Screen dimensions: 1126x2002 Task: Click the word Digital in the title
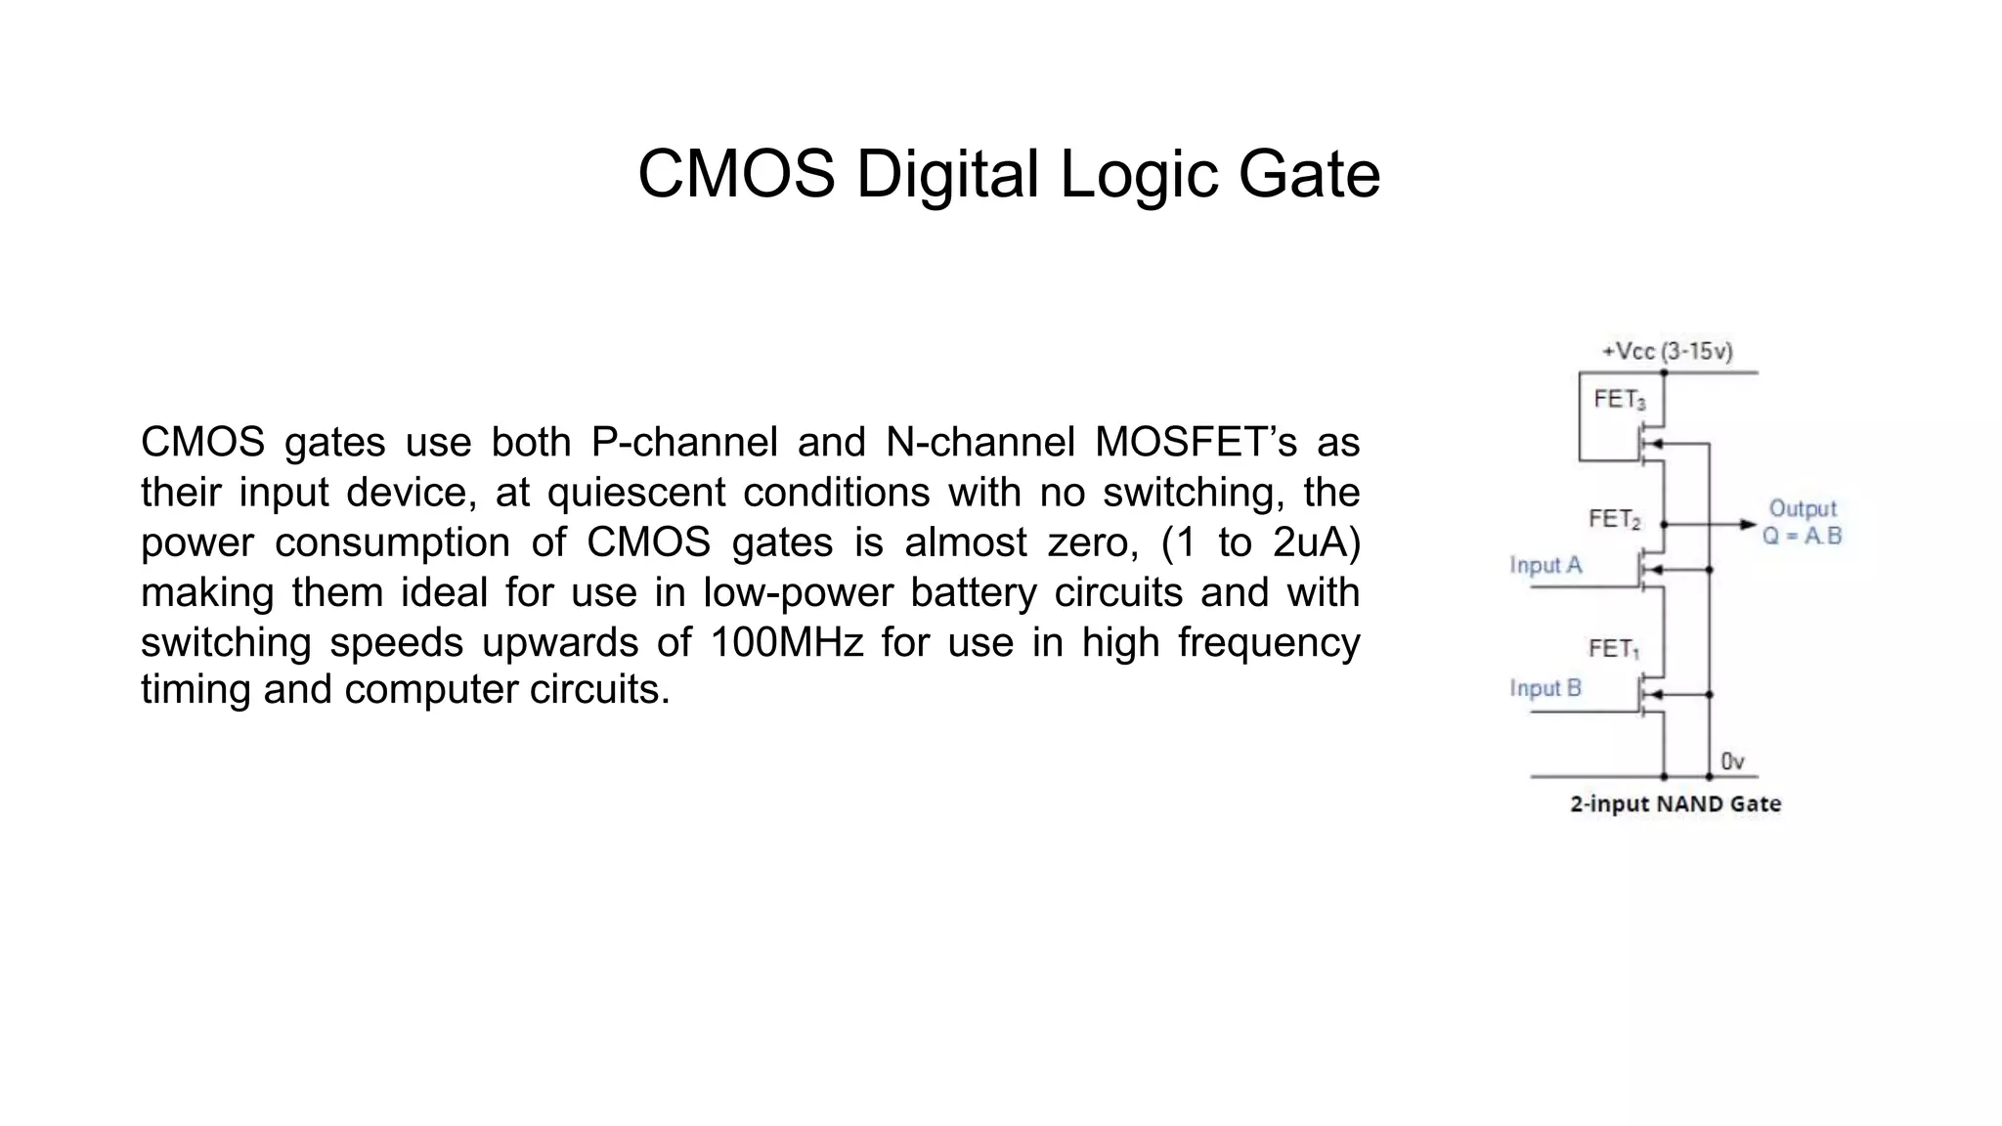click(x=946, y=175)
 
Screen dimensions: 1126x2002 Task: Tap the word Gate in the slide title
click(x=1309, y=175)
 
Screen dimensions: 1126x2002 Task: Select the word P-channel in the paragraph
click(x=684, y=442)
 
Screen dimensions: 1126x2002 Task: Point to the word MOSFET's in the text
click(x=1195, y=442)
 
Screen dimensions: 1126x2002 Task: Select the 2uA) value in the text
click(x=1316, y=542)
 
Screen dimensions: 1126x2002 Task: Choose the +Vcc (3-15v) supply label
click(x=1667, y=351)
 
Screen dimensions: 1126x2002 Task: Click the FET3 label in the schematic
click(x=1619, y=399)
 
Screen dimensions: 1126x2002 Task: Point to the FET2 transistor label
click(x=1614, y=519)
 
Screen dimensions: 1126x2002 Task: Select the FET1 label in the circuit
click(x=1613, y=649)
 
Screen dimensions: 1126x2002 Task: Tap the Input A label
click(x=1545, y=565)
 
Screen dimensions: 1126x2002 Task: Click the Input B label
click(x=1545, y=688)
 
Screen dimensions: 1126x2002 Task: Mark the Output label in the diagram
click(x=1803, y=508)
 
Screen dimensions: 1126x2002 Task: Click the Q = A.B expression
click(x=1802, y=536)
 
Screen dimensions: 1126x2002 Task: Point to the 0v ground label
click(x=1731, y=760)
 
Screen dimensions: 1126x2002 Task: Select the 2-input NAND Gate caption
click(x=1676, y=804)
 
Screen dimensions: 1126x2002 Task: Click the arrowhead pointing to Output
click(x=1748, y=525)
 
